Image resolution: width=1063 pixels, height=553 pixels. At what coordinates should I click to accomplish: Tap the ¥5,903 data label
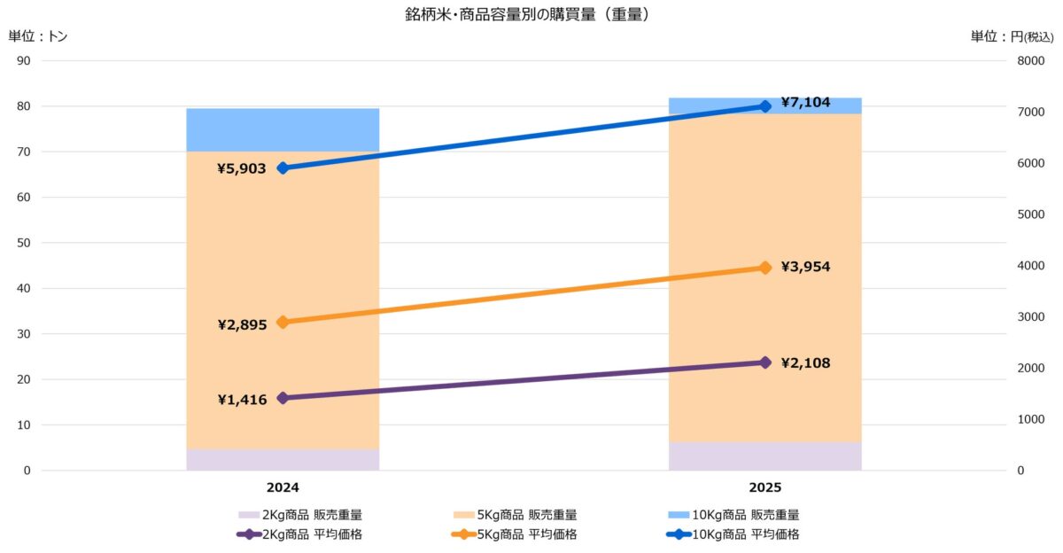click(x=242, y=168)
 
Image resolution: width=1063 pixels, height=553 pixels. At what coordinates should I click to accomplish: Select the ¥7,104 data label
click(x=805, y=103)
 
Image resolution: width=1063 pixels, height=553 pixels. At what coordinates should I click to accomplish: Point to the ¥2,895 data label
click(x=242, y=324)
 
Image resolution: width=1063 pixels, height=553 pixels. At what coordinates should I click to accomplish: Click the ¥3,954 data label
click(x=805, y=267)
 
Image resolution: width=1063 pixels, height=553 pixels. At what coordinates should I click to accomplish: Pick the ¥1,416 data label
click(x=242, y=400)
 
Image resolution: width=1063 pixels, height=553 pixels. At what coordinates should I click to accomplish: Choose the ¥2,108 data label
click(x=805, y=362)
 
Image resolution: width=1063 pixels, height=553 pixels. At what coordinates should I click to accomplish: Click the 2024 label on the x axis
click(x=283, y=487)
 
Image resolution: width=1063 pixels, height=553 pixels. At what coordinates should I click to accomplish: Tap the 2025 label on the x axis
click(x=764, y=487)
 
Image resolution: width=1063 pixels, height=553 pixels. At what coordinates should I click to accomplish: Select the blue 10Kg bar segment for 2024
click(x=283, y=129)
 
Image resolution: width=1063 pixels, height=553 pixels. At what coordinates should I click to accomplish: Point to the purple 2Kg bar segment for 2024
click(x=283, y=460)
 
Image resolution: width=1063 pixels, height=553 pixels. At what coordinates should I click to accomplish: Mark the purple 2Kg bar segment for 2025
click(x=764, y=456)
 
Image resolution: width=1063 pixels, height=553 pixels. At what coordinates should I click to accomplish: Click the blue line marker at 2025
click(x=765, y=106)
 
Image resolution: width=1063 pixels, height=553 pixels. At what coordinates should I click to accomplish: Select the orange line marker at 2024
click(x=283, y=323)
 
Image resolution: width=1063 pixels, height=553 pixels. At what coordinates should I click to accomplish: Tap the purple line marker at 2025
click(x=765, y=362)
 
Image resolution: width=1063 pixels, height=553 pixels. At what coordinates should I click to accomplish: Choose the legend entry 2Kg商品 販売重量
click(x=300, y=514)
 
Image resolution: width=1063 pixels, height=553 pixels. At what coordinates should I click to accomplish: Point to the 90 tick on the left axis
click(x=24, y=61)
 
